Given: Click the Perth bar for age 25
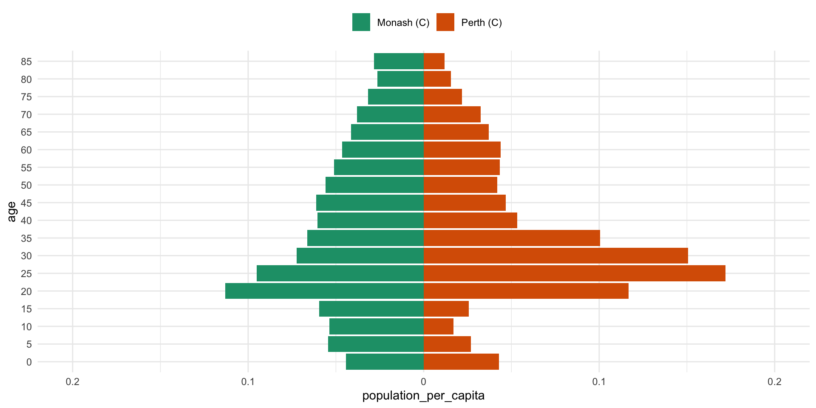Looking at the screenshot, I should (574, 273).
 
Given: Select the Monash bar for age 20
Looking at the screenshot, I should (324, 291).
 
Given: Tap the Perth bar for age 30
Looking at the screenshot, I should (555, 256).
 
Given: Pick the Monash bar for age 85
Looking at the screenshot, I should (399, 61).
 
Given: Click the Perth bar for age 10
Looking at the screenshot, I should (439, 326).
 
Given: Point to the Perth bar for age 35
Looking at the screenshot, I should (512, 238).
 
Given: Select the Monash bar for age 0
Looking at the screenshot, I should (385, 362).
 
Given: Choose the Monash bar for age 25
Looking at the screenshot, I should (340, 273).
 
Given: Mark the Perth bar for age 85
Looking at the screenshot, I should (434, 61).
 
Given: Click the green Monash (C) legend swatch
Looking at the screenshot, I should (361, 22).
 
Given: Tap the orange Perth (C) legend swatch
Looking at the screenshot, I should (445, 22).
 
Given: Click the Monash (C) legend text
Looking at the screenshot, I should (403, 23).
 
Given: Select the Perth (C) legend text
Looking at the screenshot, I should (482, 23).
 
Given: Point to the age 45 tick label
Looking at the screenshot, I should (26, 203).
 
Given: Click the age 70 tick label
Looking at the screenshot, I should (26, 114).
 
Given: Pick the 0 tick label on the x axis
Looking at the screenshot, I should (423, 382).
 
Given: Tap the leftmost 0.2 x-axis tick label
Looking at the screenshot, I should (73, 382).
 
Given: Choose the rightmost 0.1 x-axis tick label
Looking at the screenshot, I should (599, 382).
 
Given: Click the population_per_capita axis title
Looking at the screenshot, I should (423, 396).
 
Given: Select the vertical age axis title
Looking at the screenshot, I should (11, 211).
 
